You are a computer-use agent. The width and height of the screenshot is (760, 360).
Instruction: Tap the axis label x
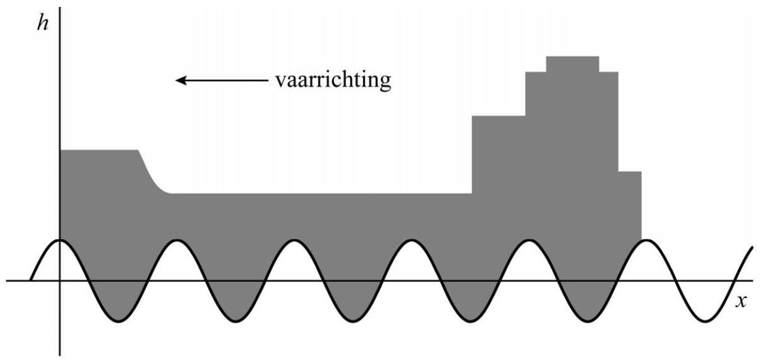(741, 301)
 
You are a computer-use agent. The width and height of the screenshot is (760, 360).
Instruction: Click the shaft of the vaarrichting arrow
(227, 80)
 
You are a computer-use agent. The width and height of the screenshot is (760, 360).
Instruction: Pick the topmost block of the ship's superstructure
(572, 64)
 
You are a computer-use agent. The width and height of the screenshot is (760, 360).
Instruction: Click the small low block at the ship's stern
(629, 205)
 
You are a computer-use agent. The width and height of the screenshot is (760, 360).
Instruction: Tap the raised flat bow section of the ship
(98, 171)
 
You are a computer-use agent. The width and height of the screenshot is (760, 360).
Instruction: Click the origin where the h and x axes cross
(60, 280)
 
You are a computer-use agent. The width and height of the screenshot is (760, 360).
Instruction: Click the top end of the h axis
(60, 9)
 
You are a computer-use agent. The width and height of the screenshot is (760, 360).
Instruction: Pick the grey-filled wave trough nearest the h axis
(118, 309)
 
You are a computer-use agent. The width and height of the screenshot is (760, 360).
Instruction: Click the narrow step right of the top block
(608, 120)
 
